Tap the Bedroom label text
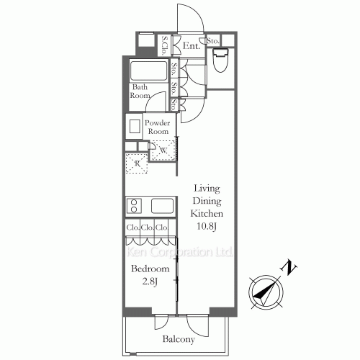coord(150,269)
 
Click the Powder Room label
coord(158,127)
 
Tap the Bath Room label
coord(140,91)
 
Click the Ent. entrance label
coord(191,47)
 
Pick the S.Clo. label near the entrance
coord(164,46)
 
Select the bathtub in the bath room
coord(149,71)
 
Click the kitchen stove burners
coord(133,206)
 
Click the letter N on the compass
coord(291,269)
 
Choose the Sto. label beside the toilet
coord(213,42)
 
